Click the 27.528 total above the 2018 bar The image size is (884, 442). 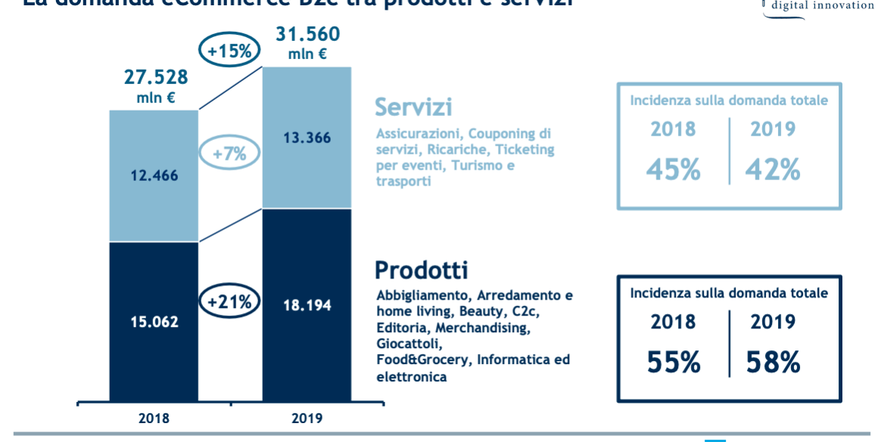coord(156,78)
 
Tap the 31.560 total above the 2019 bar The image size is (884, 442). coord(307,35)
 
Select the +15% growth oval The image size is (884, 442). coord(229,51)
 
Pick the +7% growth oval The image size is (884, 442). coord(229,154)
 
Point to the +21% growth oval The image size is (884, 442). coord(229,301)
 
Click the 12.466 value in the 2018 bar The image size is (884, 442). coord(154,176)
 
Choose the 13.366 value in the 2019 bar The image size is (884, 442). coord(307,138)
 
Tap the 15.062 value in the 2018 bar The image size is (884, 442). coord(154,322)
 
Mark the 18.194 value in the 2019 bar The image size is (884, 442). coord(307,305)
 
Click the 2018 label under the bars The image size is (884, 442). coord(154,418)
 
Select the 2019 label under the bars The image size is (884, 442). coord(307,418)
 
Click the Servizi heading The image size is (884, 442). coord(413,107)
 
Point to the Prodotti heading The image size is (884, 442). coord(422,270)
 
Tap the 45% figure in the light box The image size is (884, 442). coord(673,170)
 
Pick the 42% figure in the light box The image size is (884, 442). coord(773,170)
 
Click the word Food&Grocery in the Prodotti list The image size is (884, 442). coord(423,360)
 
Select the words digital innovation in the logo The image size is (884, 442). coord(822,5)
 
